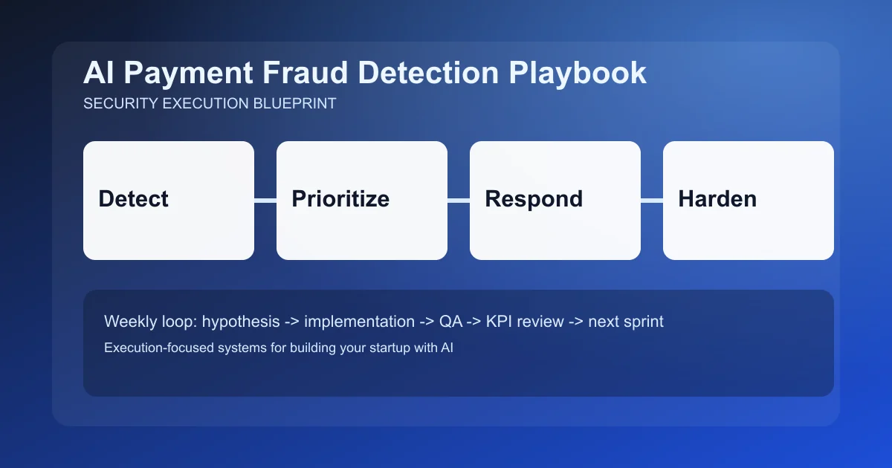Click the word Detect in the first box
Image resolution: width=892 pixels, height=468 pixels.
point(134,199)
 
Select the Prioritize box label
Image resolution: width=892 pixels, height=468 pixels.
point(340,199)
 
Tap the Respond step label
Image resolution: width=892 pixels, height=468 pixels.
point(534,199)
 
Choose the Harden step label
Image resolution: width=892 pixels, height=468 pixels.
point(717,199)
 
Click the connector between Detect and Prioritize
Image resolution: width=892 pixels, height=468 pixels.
point(265,200)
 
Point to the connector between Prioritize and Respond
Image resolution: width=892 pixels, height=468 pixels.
point(459,200)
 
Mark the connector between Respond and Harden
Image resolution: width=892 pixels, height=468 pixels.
point(652,200)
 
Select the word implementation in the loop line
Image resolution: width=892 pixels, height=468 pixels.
point(359,322)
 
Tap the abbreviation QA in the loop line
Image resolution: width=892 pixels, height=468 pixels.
point(448,322)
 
